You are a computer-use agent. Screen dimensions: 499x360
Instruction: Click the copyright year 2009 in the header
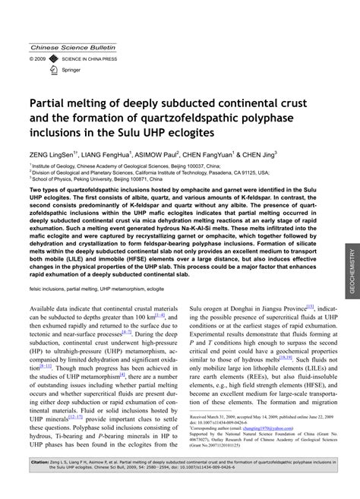(40, 58)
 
